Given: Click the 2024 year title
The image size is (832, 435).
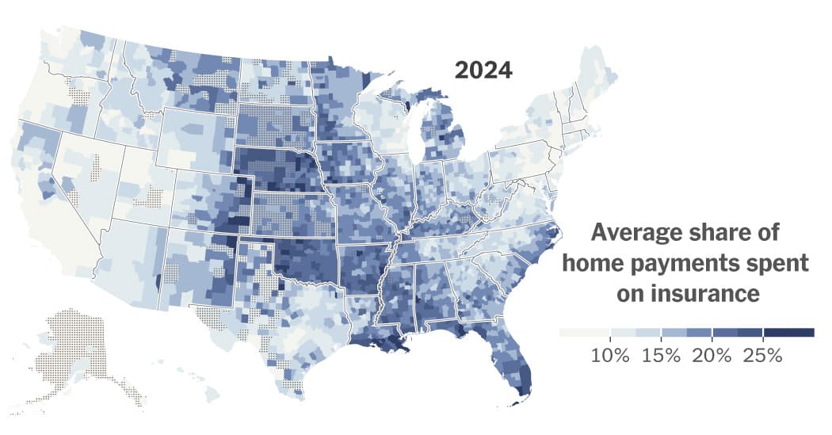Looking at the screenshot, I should (483, 71).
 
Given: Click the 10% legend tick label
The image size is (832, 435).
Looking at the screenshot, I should (610, 355).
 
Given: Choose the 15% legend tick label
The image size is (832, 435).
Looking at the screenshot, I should (661, 355).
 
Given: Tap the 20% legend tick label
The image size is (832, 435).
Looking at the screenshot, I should (712, 355).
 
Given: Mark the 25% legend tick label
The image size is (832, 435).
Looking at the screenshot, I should (762, 355).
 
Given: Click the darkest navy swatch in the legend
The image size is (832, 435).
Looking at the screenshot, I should (789, 333).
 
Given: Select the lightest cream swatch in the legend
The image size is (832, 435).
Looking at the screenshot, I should (584, 333).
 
